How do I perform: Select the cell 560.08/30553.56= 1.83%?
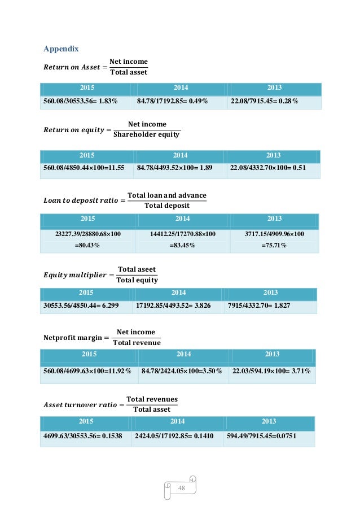tap(81, 102)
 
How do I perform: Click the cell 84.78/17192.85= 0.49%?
tap(173, 102)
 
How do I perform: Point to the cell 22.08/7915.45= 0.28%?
tap(264, 102)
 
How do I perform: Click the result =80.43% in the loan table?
tap(87, 245)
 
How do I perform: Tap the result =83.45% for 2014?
tap(182, 245)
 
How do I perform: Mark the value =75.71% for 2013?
tap(274, 245)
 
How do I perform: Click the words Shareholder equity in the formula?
tap(146, 134)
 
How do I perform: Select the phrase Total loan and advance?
tap(167, 195)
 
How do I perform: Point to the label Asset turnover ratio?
tap(80, 404)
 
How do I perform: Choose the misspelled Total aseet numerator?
tap(137, 269)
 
